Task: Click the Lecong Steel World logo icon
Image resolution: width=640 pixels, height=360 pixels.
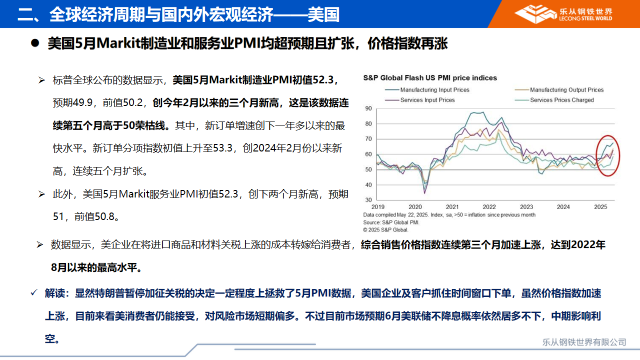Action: [x=535, y=13]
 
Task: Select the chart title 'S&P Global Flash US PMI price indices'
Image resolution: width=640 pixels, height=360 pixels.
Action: [x=430, y=78]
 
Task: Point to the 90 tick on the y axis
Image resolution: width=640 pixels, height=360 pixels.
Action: [x=368, y=108]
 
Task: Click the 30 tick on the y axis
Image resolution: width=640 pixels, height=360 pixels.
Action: [x=368, y=200]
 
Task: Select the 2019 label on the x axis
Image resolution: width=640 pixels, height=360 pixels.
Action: [x=377, y=207]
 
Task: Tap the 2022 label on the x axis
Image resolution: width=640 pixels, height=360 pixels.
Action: [x=489, y=207]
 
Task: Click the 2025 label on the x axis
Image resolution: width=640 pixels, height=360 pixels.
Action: [x=600, y=207]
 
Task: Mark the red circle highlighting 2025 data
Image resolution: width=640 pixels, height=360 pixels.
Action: [x=596, y=155]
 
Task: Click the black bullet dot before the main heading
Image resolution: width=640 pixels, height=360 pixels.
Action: [x=35, y=43]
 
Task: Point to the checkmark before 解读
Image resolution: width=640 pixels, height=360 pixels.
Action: [x=34, y=292]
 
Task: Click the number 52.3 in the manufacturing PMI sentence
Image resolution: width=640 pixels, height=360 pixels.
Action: [x=323, y=80]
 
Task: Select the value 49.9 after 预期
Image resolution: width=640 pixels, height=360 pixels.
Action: [x=82, y=102]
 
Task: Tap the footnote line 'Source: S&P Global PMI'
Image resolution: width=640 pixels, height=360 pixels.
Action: [x=391, y=222]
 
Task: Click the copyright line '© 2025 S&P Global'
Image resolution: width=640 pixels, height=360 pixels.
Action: [x=385, y=229]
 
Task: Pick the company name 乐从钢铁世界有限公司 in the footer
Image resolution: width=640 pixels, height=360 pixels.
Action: [x=584, y=342]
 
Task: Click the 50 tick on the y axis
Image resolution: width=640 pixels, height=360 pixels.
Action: [x=368, y=169]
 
